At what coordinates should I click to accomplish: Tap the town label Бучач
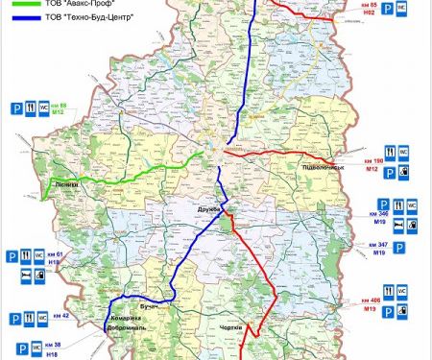coord(149,305)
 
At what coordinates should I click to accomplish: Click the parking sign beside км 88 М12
coord(16,109)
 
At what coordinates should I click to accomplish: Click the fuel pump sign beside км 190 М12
coord(404,172)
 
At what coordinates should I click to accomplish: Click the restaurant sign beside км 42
coord(30,317)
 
